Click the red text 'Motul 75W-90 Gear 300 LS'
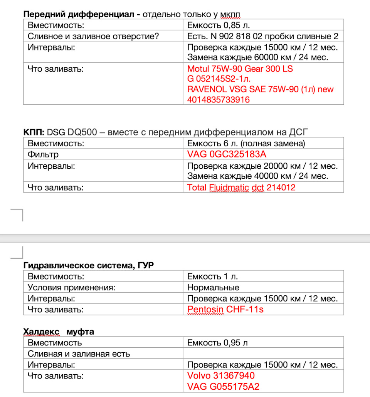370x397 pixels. pos(240,69)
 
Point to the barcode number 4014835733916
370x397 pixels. pos(218,100)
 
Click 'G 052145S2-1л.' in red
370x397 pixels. pos(219,79)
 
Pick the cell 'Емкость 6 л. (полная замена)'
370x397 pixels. pos(246,144)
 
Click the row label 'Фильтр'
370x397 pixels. pos(43,155)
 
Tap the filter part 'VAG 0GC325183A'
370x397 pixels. pos(227,155)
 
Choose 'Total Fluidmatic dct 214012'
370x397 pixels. pos(241,188)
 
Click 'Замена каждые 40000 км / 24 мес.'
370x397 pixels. pos(257,176)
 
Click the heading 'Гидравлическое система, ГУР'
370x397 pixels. pos(88,265)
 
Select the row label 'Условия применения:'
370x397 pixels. pos(72,288)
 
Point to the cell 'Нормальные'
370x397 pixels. pos(213,288)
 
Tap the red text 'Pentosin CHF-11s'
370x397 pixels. pos(225,309)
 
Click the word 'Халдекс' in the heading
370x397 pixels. pos(41,332)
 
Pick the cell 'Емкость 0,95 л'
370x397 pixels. pos(217,343)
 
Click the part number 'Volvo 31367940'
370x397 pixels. pos(221,375)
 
